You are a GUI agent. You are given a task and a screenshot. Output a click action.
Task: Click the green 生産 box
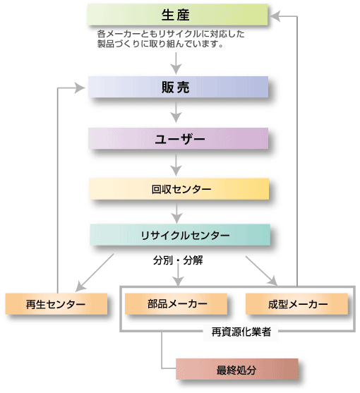click(x=177, y=15)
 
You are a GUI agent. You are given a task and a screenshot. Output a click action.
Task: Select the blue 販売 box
click(x=178, y=87)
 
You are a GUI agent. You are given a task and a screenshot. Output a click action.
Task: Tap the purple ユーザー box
click(x=178, y=138)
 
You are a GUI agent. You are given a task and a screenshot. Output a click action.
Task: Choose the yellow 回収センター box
click(x=179, y=189)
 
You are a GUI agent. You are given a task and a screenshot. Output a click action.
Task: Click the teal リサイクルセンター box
click(x=180, y=235)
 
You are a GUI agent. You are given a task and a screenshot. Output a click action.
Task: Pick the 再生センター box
click(x=56, y=304)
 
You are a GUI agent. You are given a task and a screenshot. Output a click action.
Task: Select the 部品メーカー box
click(x=176, y=304)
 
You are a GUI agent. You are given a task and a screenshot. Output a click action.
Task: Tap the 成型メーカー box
click(x=297, y=304)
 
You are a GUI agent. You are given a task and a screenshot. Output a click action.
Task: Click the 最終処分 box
click(x=237, y=369)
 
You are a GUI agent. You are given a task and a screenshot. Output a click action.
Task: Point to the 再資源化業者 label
click(x=241, y=332)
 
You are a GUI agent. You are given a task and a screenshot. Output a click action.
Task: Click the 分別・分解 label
click(x=178, y=260)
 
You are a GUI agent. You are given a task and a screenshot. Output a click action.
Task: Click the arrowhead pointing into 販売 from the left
click(x=80, y=88)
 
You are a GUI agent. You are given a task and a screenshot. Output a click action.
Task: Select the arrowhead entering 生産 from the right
click(x=275, y=16)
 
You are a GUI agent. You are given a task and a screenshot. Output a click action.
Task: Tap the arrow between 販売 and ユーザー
click(x=176, y=112)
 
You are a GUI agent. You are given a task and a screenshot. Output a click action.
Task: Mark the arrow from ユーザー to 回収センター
click(x=176, y=164)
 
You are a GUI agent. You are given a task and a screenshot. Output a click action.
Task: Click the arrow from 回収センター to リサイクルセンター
click(x=177, y=213)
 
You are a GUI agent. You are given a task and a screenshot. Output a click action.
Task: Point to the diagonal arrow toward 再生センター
click(x=95, y=272)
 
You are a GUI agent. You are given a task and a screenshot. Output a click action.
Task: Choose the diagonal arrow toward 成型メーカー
click(x=261, y=271)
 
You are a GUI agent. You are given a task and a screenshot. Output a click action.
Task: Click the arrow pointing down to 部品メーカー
click(x=179, y=275)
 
